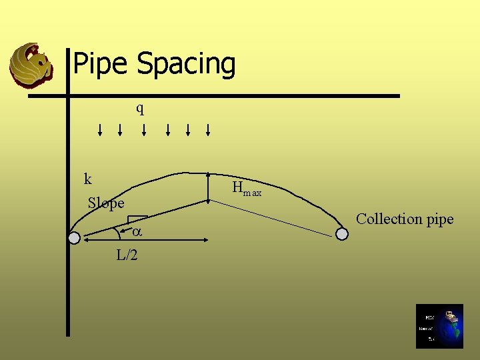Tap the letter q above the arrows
pyautogui.click(x=140, y=109)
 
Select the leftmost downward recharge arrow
pyautogui.click(x=100, y=129)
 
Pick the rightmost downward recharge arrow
pyautogui.click(x=208, y=129)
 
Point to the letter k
pyautogui.click(x=87, y=179)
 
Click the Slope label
pyautogui.click(x=106, y=203)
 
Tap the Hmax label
pyautogui.click(x=246, y=189)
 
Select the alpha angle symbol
pyautogui.click(x=136, y=233)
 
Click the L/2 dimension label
pyautogui.click(x=127, y=255)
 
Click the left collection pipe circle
pyautogui.click(x=74, y=238)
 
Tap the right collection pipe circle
pyautogui.click(x=341, y=234)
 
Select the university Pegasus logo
pyautogui.click(x=31, y=65)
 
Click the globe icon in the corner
pyautogui.click(x=439, y=326)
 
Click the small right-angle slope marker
pyautogui.click(x=137, y=219)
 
